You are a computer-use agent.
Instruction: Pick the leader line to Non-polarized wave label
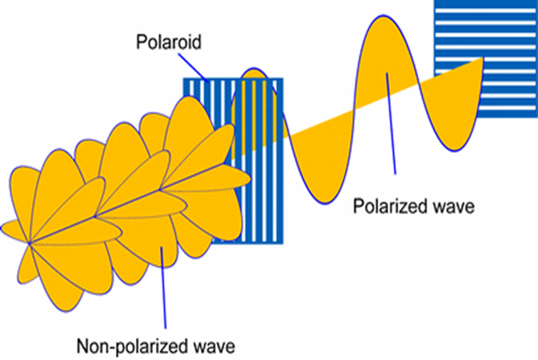[x=164, y=286]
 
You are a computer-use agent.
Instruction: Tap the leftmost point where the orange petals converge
[x=30, y=242]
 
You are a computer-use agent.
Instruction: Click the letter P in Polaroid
[x=139, y=42]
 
